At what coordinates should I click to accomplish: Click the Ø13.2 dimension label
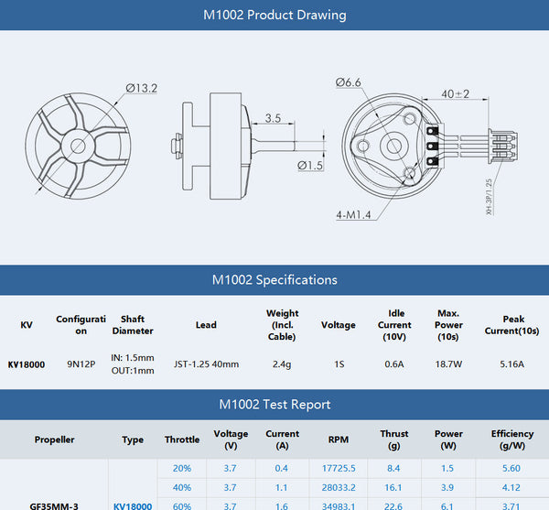(x=141, y=88)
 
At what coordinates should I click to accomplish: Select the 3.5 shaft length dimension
(x=273, y=118)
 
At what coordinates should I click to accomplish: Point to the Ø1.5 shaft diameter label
(x=310, y=166)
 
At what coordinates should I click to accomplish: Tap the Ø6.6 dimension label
(x=350, y=82)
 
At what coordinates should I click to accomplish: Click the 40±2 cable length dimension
(x=455, y=93)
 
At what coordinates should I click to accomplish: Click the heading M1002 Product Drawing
(x=274, y=15)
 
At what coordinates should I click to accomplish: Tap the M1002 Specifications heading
(x=274, y=279)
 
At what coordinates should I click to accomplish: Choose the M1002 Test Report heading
(x=274, y=404)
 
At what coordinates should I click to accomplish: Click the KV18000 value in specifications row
(x=27, y=364)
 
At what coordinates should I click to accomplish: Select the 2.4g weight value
(x=282, y=364)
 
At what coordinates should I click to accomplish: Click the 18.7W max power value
(x=448, y=364)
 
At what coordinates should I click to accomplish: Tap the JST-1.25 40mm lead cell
(x=206, y=364)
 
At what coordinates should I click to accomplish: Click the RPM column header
(x=338, y=439)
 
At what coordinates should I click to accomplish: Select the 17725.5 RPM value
(x=338, y=469)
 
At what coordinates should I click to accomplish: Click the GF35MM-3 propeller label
(x=54, y=505)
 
